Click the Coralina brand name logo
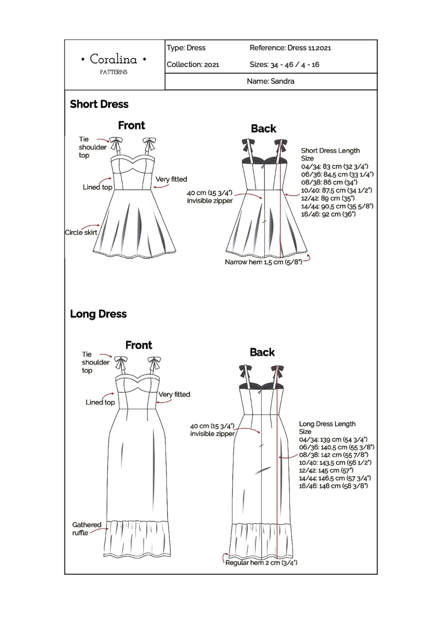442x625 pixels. [x=113, y=59]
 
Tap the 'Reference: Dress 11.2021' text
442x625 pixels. [x=290, y=48]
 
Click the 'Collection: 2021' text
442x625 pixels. [x=193, y=64]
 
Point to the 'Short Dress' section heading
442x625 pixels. [x=99, y=104]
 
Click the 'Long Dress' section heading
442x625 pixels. [x=98, y=314]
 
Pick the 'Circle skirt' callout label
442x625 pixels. [x=81, y=232]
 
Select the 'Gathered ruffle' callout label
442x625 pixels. [x=87, y=529]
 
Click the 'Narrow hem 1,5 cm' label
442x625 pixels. [x=263, y=262]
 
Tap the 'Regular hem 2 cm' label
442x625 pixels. [x=261, y=563]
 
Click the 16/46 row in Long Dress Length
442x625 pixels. [x=333, y=486]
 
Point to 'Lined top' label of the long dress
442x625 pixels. [x=100, y=402]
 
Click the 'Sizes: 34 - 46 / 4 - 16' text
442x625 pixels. [x=284, y=65]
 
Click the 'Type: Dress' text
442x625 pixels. [x=186, y=48]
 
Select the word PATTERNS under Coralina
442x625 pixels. [x=113, y=72]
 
